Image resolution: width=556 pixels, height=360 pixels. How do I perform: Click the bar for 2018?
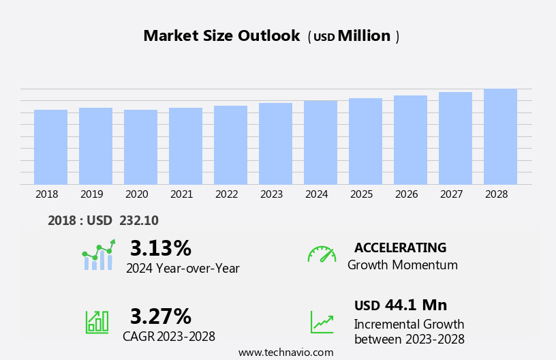[x=50, y=147]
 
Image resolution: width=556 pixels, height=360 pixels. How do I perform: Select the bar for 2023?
[x=275, y=143]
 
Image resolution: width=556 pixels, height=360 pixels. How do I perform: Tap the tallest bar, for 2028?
[x=500, y=136]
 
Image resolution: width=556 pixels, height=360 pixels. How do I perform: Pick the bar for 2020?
[x=140, y=147]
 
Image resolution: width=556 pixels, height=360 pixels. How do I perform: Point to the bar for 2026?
[x=410, y=140]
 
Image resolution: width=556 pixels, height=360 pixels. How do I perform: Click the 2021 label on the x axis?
[x=181, y=194]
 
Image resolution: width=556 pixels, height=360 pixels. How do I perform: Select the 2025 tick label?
[x=361, y=194]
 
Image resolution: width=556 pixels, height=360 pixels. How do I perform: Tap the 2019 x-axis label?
[x=91, y=194]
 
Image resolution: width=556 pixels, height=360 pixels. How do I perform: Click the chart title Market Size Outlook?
[x=221, y=36]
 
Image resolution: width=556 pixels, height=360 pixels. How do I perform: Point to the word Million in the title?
[x=364, y=36]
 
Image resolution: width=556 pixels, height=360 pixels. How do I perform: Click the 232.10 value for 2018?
[x=138, y=221]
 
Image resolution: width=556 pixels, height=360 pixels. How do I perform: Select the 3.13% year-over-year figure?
[x=161, y=248]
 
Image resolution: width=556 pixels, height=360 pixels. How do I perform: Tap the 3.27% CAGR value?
[x=161, y=316]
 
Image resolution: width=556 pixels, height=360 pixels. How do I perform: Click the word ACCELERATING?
[x=400, y=248]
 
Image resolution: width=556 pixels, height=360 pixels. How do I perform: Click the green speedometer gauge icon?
[x=322, y=254]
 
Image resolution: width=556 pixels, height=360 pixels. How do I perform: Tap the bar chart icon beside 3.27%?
[x=97, y=322]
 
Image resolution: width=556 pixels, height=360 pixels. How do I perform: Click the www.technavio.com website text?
[x=285, y=352]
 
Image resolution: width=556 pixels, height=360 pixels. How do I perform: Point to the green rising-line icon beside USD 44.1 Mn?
[x=322, y=322]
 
